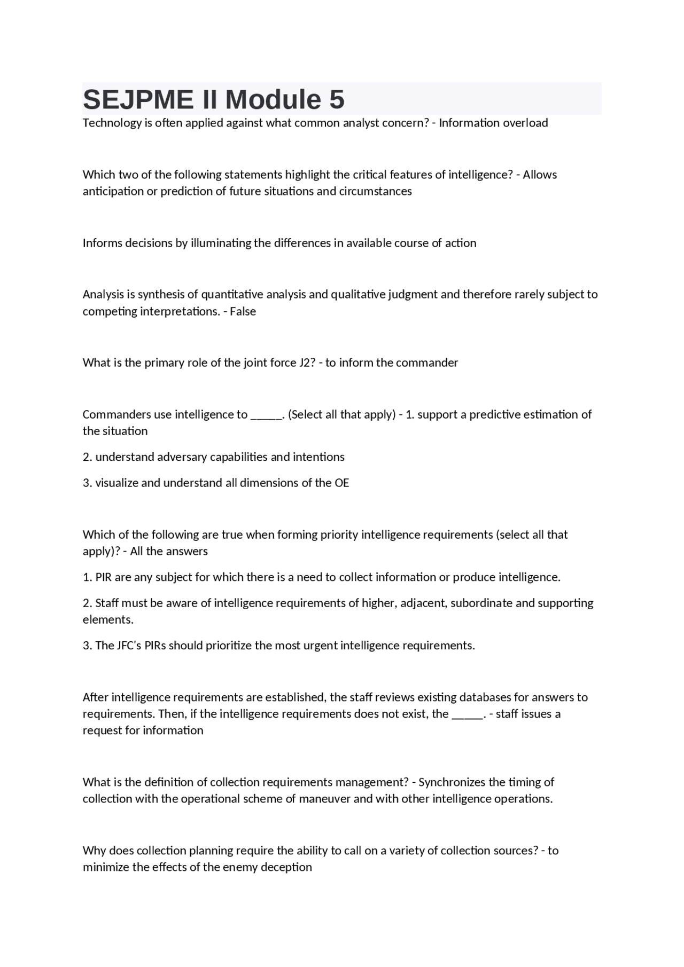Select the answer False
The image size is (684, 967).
(243, 312)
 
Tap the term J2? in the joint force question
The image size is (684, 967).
(306, 363)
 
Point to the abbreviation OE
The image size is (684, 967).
(341, 483)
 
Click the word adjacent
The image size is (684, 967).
(423, 603)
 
